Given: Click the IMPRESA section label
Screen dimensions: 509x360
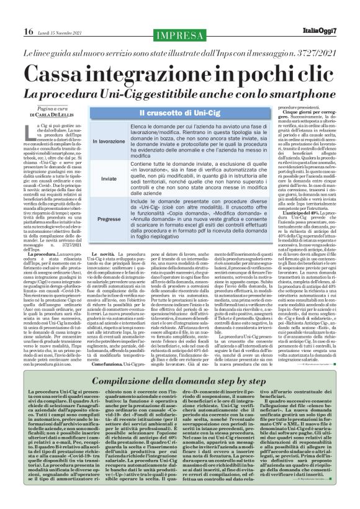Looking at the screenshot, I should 179,33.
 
